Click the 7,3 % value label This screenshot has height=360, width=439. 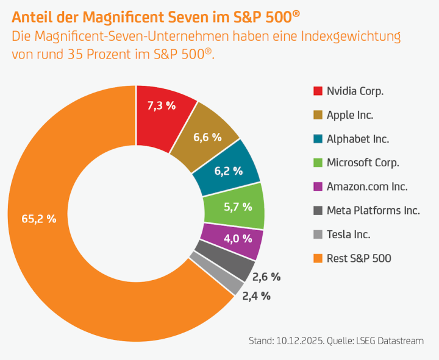pyautogui.click(x=162, y=105)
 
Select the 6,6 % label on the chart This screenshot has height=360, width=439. pyautogui.click(x=207, y=137)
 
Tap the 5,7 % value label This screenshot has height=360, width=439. pyautogui.click(x=238, y=206)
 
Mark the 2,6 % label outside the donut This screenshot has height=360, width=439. pyautogui.click(x=266, y=277)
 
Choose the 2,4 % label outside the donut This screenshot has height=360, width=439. pyautogui.click(x=256, y=297)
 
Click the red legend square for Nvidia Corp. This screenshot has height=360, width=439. pyautogui.click(x=317, y=91)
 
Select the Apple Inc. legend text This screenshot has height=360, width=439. pyautogui.click(x=350, y=115)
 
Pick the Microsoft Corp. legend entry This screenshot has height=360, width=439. pyautogui.click(x=363, y=163)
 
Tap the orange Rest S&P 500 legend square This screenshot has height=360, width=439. pyautogui.click(x=317, y=258)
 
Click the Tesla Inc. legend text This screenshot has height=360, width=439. pyautogui.click(x=349, y=235)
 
